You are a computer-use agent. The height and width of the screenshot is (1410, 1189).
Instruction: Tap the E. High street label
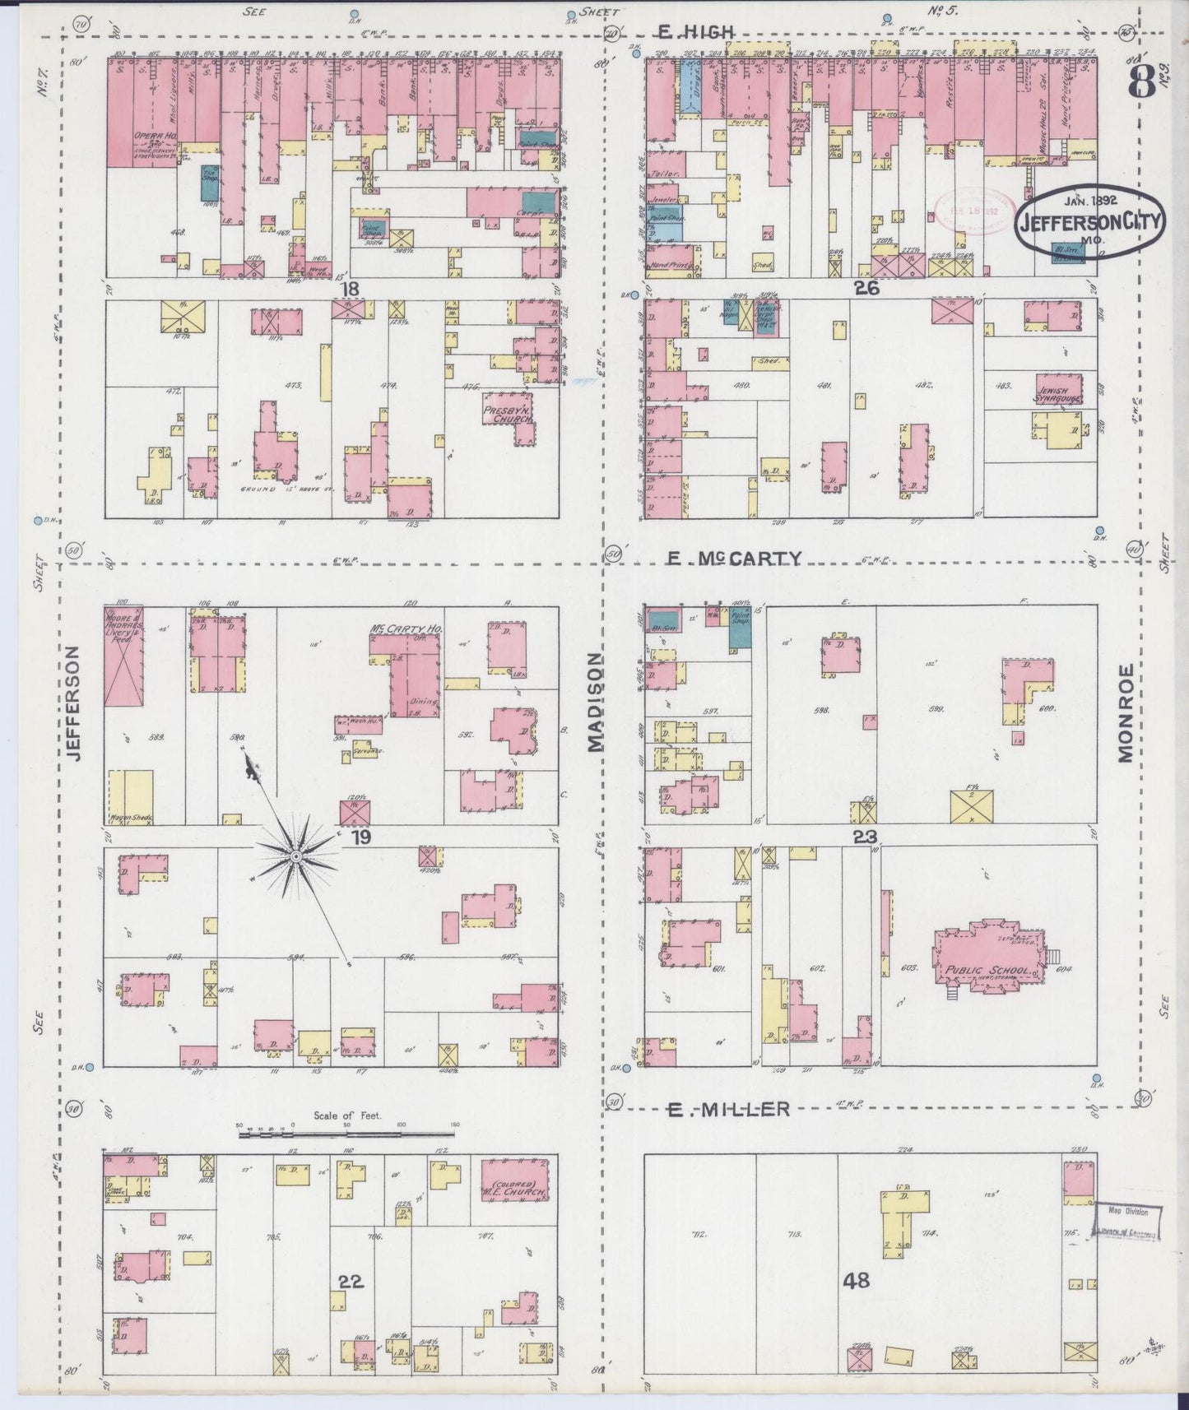click(x=694, y=31)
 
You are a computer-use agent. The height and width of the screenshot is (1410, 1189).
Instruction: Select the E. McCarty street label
click(x=733, y=559)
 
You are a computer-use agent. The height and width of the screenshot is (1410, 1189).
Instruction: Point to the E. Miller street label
click(x=727, y=1110)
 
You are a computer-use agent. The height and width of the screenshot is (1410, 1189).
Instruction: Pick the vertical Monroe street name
click(x=1126, y=712)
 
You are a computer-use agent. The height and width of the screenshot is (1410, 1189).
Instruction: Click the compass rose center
click(x=295, y=856)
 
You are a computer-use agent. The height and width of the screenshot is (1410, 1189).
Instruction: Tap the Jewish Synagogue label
click(x=1058, y=394)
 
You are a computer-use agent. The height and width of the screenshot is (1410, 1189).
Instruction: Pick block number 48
click(x=856, y=1281)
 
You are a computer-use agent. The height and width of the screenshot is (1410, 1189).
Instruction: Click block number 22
click(x=350, y=1282)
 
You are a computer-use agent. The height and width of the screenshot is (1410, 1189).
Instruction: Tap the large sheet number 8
click(x=1142, y=81)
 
